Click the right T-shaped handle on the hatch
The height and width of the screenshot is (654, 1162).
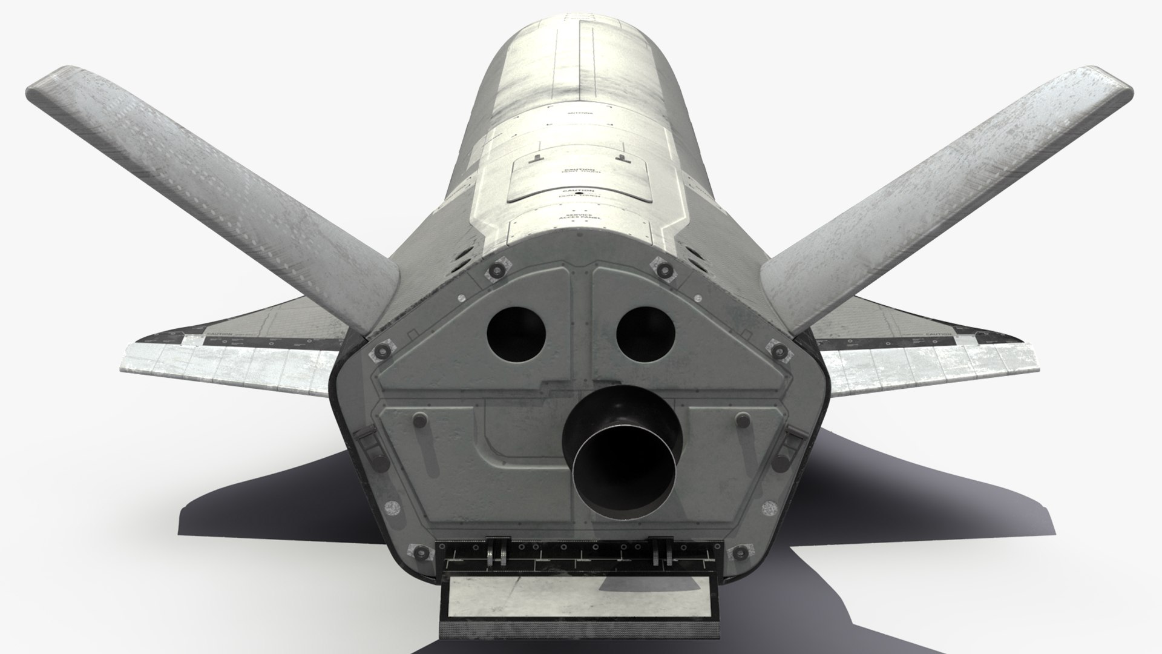pos(620,158)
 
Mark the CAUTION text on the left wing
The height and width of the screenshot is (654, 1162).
pos(218,334)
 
